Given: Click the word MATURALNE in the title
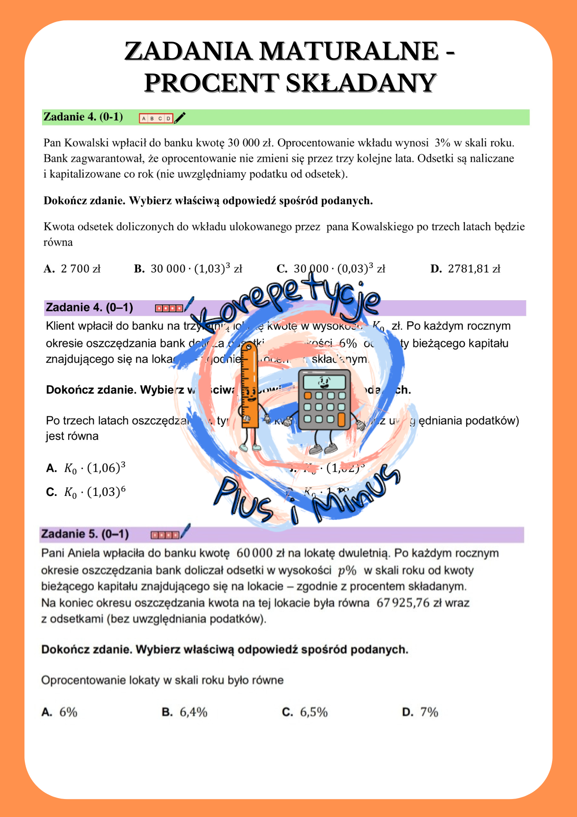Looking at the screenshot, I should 349,51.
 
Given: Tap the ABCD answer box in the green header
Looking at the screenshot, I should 156,118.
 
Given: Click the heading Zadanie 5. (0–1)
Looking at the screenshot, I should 85,534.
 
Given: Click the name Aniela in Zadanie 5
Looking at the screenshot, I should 84,553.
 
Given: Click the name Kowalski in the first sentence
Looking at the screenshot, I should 84,143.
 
